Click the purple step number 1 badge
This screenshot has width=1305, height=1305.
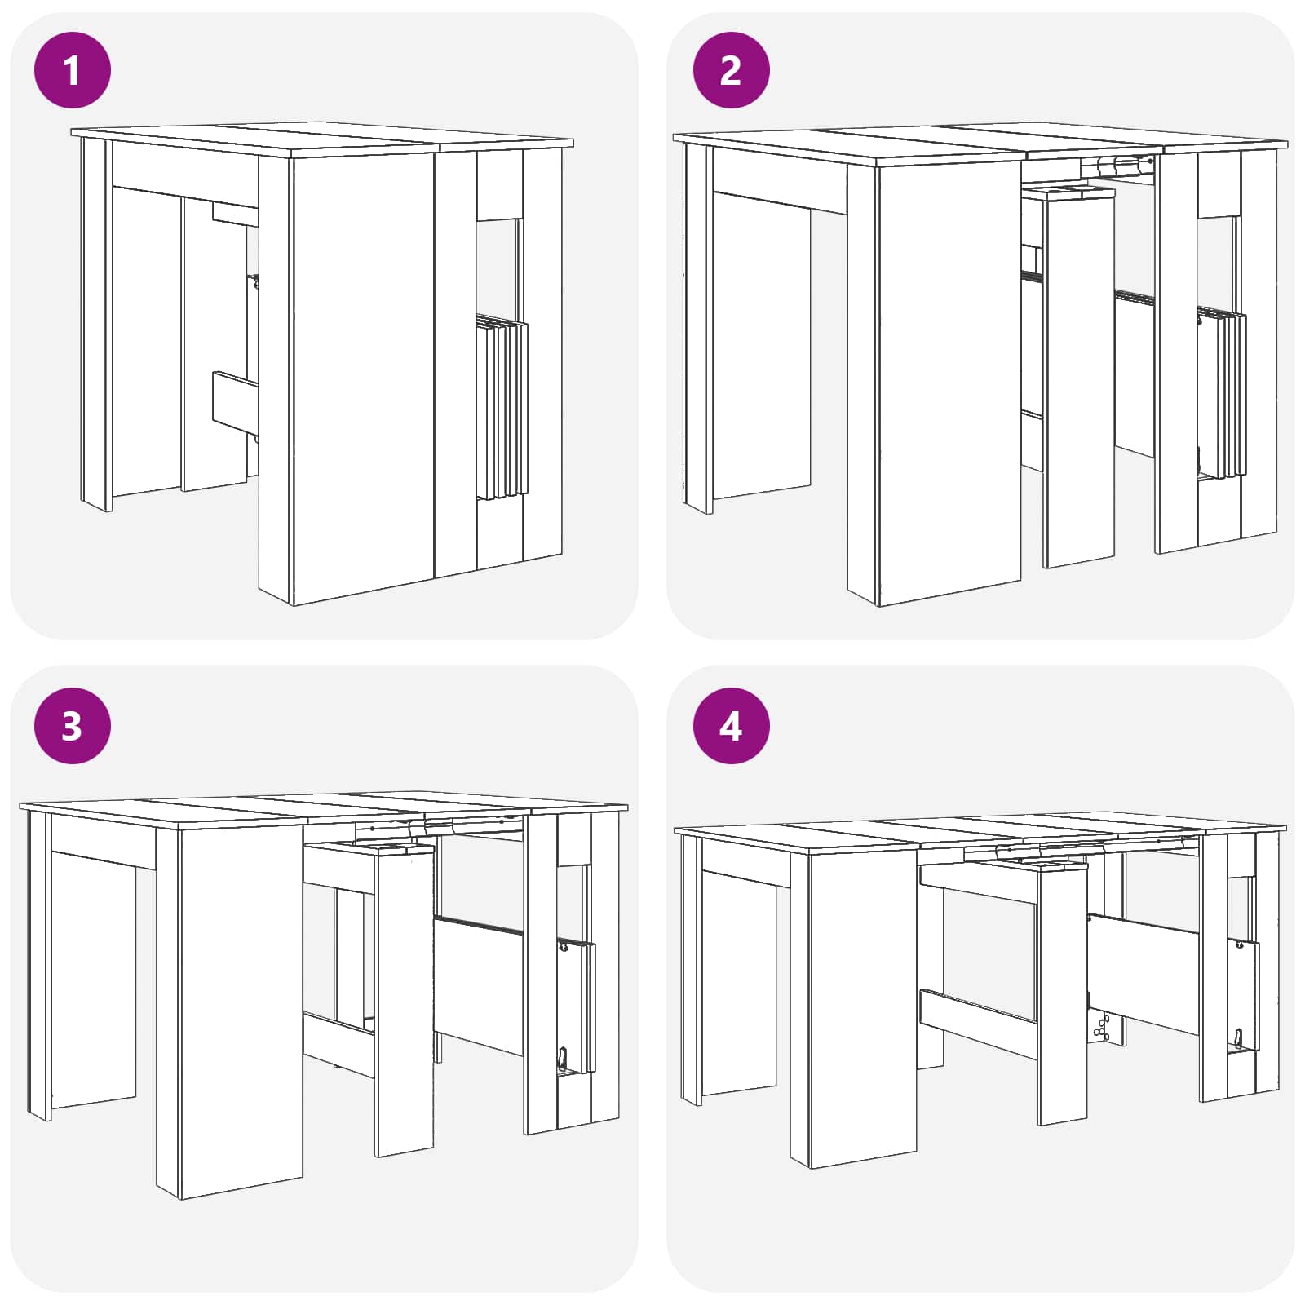click(72, 69)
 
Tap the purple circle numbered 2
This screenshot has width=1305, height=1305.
click(731, 69)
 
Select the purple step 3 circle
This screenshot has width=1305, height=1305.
click(72, 725)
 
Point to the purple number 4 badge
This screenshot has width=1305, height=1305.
click(731, 725)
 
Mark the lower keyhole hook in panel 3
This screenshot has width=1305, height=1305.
click(563, 1058)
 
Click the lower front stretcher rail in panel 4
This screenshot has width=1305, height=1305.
click(979, 1024)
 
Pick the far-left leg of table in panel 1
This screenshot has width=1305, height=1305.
click(96, 325)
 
